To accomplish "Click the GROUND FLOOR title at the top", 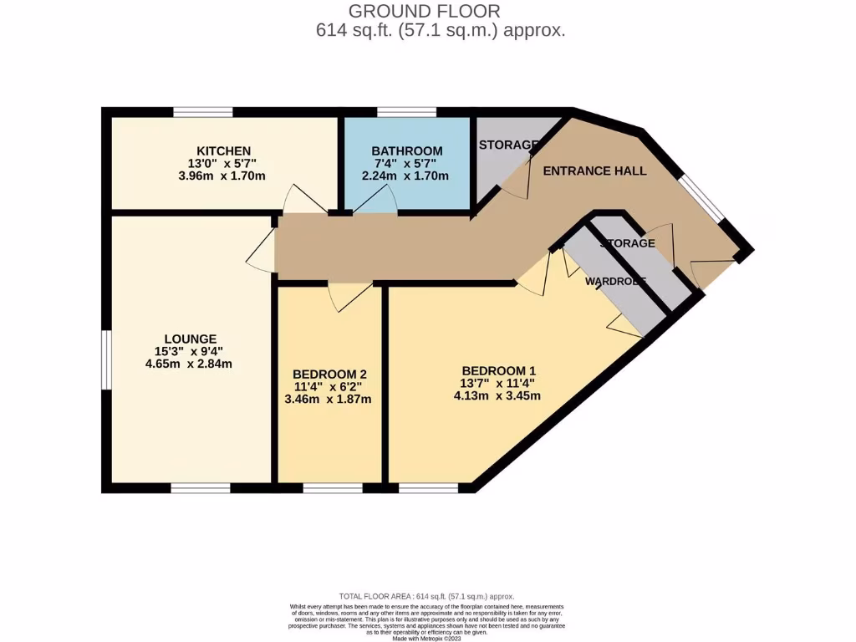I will (x=424, y=11).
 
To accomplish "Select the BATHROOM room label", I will (x=407, y=150).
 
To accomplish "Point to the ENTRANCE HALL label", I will (x=594, y=171).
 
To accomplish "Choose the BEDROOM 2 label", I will (x=330, y=374).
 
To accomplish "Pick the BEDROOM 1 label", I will (x=499, y=370).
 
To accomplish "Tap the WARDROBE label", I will (x=615, y=282).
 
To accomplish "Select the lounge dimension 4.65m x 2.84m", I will (x=188, y=364).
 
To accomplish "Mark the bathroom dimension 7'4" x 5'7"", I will (x=407, y=163).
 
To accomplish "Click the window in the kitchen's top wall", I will (x=202, y=112).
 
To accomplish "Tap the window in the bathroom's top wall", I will (x=406, y=112).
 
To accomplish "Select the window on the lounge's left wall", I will (x=106, y=359).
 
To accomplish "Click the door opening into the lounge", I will (x=262, y=249).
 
